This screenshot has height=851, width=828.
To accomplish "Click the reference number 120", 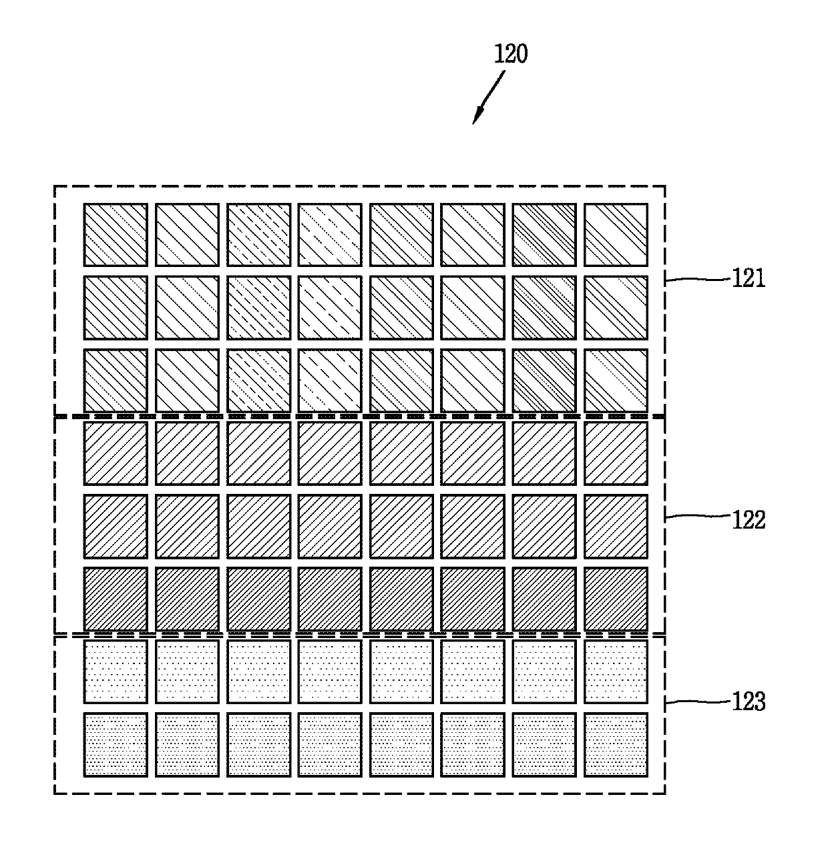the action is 511,54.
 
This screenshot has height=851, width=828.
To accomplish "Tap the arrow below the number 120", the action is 488,98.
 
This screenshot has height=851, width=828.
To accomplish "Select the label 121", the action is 749,278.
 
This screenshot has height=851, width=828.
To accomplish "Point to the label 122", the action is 749,519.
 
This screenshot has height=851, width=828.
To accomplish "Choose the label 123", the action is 749,701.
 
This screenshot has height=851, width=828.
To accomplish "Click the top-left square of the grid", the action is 116,235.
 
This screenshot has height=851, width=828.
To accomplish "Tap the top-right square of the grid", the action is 616,235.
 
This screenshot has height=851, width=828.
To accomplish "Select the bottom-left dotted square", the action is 116,745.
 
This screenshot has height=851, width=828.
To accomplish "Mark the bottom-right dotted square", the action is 616,745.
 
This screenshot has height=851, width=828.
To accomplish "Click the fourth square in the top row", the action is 330,235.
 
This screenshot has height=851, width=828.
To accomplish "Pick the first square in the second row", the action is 116,308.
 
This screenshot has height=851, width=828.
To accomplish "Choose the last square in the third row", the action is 616,380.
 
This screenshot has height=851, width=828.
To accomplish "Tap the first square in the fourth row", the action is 116,453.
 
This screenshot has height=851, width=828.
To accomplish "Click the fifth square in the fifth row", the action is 401,526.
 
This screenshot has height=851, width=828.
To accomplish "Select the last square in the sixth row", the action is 616,599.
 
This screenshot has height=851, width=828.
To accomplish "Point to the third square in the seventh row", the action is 258,671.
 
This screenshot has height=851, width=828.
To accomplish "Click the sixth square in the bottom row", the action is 473,745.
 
